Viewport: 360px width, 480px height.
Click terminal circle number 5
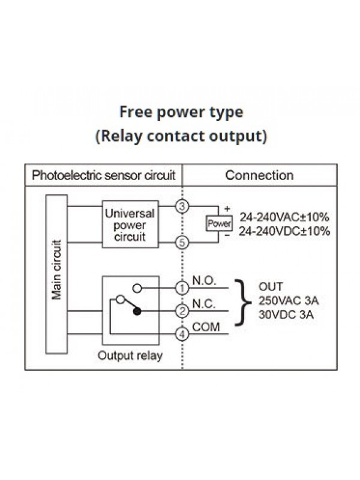pyautogui.click(x=182, y=242)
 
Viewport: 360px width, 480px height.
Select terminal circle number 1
pyautogui.click(x=182, y=289)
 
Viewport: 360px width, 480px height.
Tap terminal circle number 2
pyautogui.click(x=182, y=311)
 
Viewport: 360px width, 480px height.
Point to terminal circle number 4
pyautogui.click(x=182, y=334)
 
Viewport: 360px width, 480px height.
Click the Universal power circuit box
pyautogui.click(x=130, y=224)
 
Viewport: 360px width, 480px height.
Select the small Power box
pyautogui.click(x=218, y=224)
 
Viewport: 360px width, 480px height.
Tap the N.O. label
pyautogui.click(x=205, y=281)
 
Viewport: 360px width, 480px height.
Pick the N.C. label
pyautogui.click(x=205, y=304)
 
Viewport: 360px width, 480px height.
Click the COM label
pyautogui.click(x=206, y=326)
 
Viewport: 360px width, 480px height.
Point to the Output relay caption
pyautogui.click(x=130, y=355)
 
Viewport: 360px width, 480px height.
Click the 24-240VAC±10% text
pyautogui.click(x=284, y=217)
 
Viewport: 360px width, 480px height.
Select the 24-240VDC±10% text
pyautogui.click(x=284, y=231)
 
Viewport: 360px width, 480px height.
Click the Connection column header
pyautogui.click(x=259, y=175)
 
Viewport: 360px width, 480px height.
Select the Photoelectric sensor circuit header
pyautogui.click(x=103, y=175)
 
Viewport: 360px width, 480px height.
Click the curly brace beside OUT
pyautogui.click(x=242, y=302)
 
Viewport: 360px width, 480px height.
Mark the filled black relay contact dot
pyautogui.click(x=137, y=311)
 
